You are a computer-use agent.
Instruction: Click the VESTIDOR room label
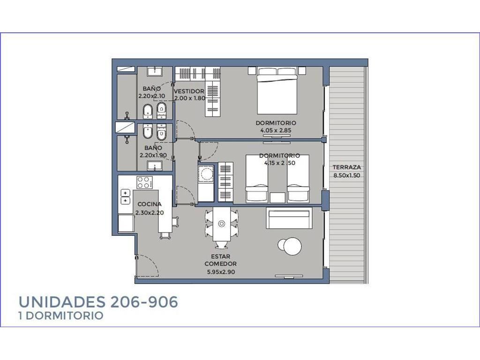pyautogui.click(x=189, y=91)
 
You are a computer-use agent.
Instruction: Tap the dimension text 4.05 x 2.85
pyautogui.click(x=276, y=130)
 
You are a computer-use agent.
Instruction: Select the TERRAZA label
pyautogui.click(x=347, y=167)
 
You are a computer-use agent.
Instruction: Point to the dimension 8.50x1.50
pyautogui.click(x=347, y=175)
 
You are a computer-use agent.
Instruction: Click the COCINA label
pyautogui.click(x=150, y=204)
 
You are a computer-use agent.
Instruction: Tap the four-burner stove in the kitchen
pyautogui.click(x=144, y=182)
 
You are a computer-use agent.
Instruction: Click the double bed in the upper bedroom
pyautogui.click(x=277, y=90)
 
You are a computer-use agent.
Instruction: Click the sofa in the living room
pyautogui.click(x=289, y=218)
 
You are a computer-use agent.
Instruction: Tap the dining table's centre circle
pyautogui.click(x=221, y=224)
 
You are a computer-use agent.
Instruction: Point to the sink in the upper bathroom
pyautogui.click(x=155, y=72)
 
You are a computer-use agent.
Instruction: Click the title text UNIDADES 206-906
pyautogui.click(x=98, y=302)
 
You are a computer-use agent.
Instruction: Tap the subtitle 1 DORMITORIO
pyautogui.click(x=61, y=315)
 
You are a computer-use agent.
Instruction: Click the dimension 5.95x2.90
pyautogui.click(x=221, y=272)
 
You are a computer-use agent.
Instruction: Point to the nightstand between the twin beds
pyautogui.click(x=277, y=197)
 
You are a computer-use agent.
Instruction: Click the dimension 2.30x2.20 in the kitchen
pyautogui.click(x=150, y=212)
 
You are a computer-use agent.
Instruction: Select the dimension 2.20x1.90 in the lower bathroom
pyautogui.click(x=153, y=155)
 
